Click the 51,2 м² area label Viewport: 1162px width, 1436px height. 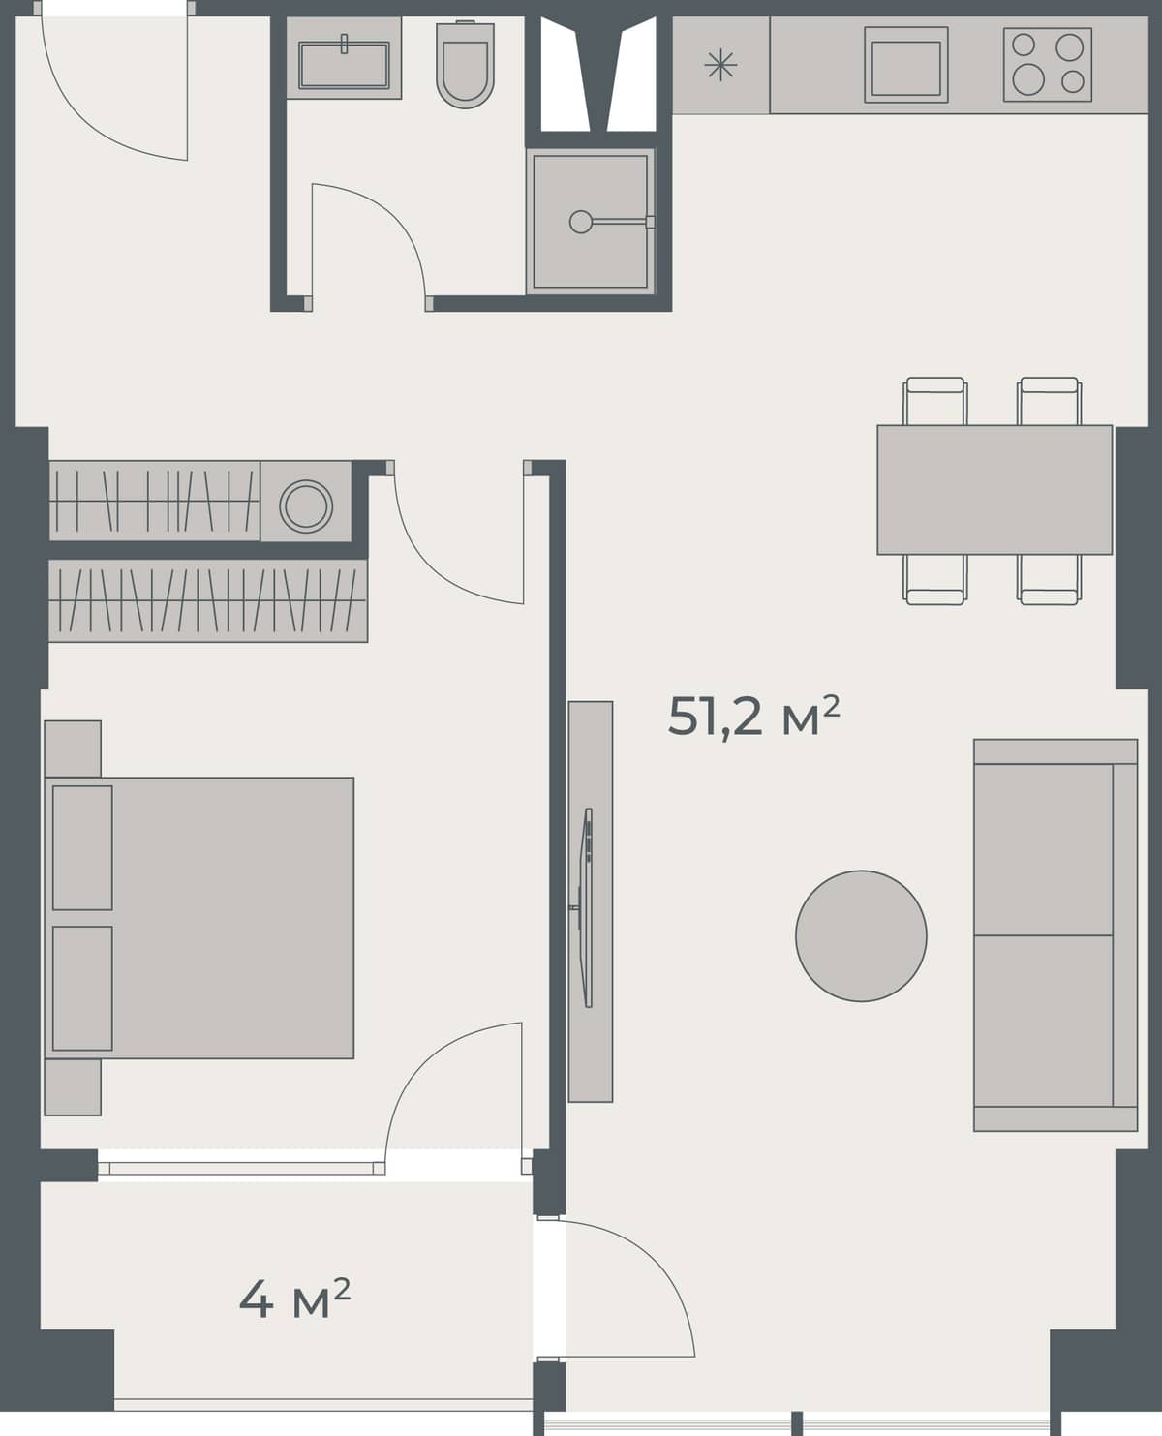click(x=752, y=718)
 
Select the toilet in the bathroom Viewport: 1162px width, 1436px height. click(x=465, y=66)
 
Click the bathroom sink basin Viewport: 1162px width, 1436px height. click(x=344, y=63)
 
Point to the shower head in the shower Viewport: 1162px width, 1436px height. click(x=580, y=222)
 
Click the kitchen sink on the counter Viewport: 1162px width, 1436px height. click(x=905, y=65)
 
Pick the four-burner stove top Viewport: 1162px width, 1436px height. click(x=1047, y=64)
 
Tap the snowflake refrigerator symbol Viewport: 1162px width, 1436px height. click(x=720, y=66)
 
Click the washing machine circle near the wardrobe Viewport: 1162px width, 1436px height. click(x=306, y=504)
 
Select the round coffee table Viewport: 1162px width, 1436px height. click(x=861, y=935)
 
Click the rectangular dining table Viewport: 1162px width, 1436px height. click(x=994, y=489)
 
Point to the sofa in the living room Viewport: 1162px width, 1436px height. click(x=1055, y=934)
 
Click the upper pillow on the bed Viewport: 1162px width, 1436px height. click(x=82, y=847)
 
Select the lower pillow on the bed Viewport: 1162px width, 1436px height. click(x=82, y=988)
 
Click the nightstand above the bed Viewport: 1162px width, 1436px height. click(x=73, y=748)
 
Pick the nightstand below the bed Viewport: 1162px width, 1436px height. click(x=73, y=1086)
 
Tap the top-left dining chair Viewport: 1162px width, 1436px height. click(x=934, y=400)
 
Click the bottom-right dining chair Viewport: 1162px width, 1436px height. click(x=1049, y=580)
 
